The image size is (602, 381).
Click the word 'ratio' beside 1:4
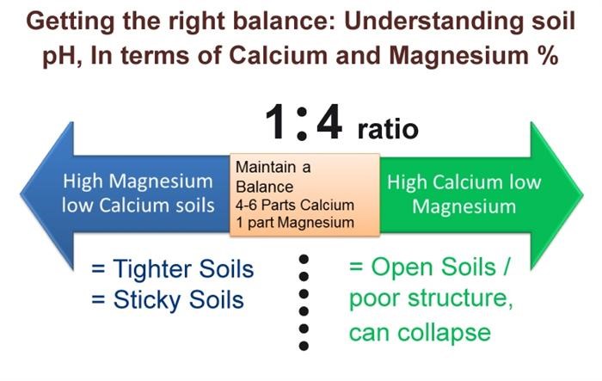[x=387, y=129]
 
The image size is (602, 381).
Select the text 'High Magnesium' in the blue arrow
[x=138, y=181]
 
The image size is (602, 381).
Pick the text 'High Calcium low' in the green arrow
[x=464, y=181]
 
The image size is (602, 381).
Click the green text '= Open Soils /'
[x=429, y=267]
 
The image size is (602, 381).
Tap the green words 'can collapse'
[x=420, y=331]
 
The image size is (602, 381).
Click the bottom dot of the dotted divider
[x=303, y=346]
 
